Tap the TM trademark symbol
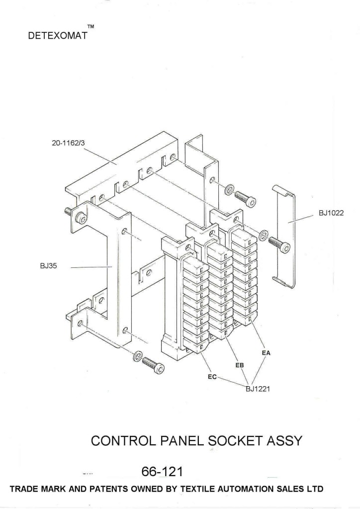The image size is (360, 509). (x=90, y=25)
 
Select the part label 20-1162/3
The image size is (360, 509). (x=69, y=144)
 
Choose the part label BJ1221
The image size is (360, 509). (x=258, y=389)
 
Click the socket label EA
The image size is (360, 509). (x=266, y=353)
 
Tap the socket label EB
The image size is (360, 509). (x=239, y=365)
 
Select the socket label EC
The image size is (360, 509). (x=212, y=377)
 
